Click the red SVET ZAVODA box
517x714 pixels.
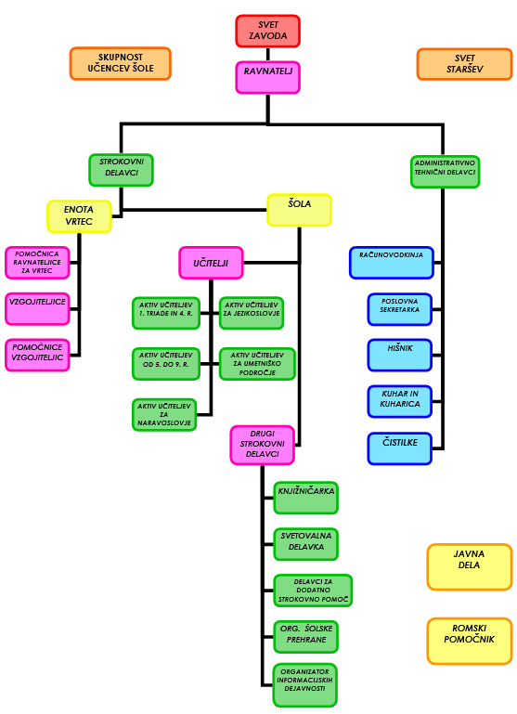tap(267, 31)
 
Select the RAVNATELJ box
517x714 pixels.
tap(267, 77)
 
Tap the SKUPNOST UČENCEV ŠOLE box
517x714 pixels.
tap(120, 63)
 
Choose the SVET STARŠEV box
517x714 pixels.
tap(464, 64)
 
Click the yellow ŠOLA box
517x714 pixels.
tap(299, 210)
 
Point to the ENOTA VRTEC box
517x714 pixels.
tap(79, 216)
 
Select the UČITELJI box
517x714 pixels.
tap(211, 263)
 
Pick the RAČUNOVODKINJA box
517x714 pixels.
tap(392, 263)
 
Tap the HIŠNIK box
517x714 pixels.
tap(399, 356)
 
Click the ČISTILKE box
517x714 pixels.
tap(399, 448)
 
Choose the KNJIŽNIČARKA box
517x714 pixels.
tap(305, 498)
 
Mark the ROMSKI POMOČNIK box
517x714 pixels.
tap(470, 641)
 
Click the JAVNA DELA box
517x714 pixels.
tap(470, 566)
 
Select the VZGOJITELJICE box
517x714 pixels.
tap(37, 309)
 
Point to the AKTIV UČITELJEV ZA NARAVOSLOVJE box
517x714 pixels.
tap(164, 414)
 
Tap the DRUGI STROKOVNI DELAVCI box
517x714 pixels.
tap(262, 445)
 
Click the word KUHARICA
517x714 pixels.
tap(400, 404)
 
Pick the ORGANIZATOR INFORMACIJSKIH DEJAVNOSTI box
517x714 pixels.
tap(305, 684)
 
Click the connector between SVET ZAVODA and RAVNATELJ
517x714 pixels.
tap(267, 54)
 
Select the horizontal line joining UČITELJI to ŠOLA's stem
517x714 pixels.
tap(271, 263)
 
